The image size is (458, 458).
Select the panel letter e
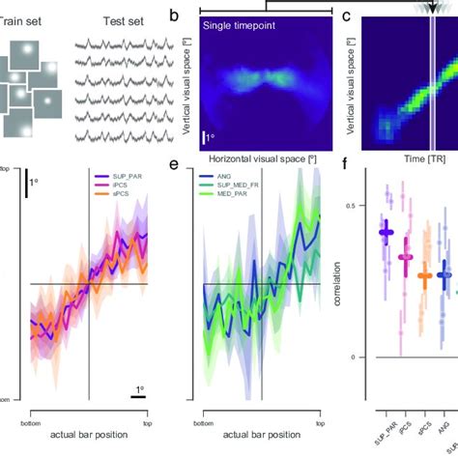[173, 166]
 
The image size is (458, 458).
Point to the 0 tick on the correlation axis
[361, 358]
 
